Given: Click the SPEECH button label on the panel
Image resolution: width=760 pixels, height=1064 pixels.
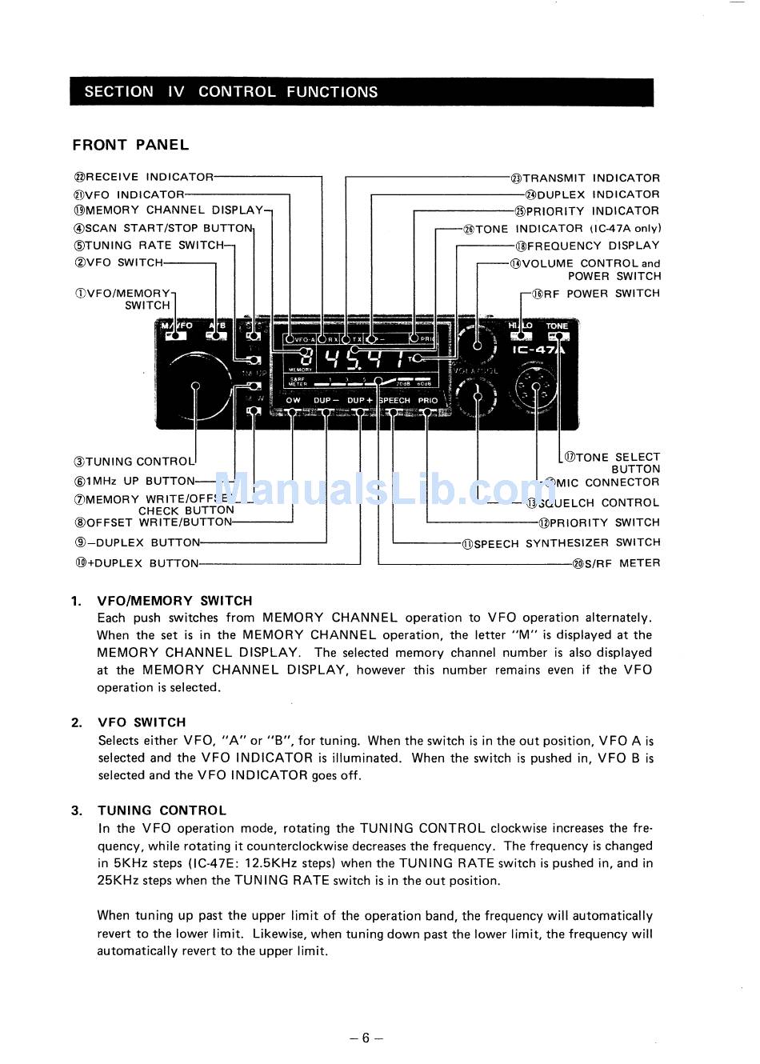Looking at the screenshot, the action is pyautogui.click(x=395, y=400).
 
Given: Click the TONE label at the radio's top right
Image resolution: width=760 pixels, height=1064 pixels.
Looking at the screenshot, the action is pyautogui.click(x=557, y=326).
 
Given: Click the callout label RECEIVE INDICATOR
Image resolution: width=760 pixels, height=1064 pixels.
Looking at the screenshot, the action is pyautogui.click(x=145, y=178).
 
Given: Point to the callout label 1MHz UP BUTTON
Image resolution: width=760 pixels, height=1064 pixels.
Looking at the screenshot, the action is pyautogui.click(x=134, y=482).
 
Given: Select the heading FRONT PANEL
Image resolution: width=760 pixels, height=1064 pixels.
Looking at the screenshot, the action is pyautogui.click(x=130, y=145).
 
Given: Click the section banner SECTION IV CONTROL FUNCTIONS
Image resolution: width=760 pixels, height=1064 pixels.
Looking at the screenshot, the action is pyautogui.click(x=231, y=92).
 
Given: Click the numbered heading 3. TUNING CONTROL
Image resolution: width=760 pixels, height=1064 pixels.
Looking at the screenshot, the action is pyautogui.click(x=150, y=810).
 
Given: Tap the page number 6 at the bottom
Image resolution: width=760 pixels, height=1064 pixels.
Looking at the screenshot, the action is pyautogui.click(x=366, y=1038).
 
